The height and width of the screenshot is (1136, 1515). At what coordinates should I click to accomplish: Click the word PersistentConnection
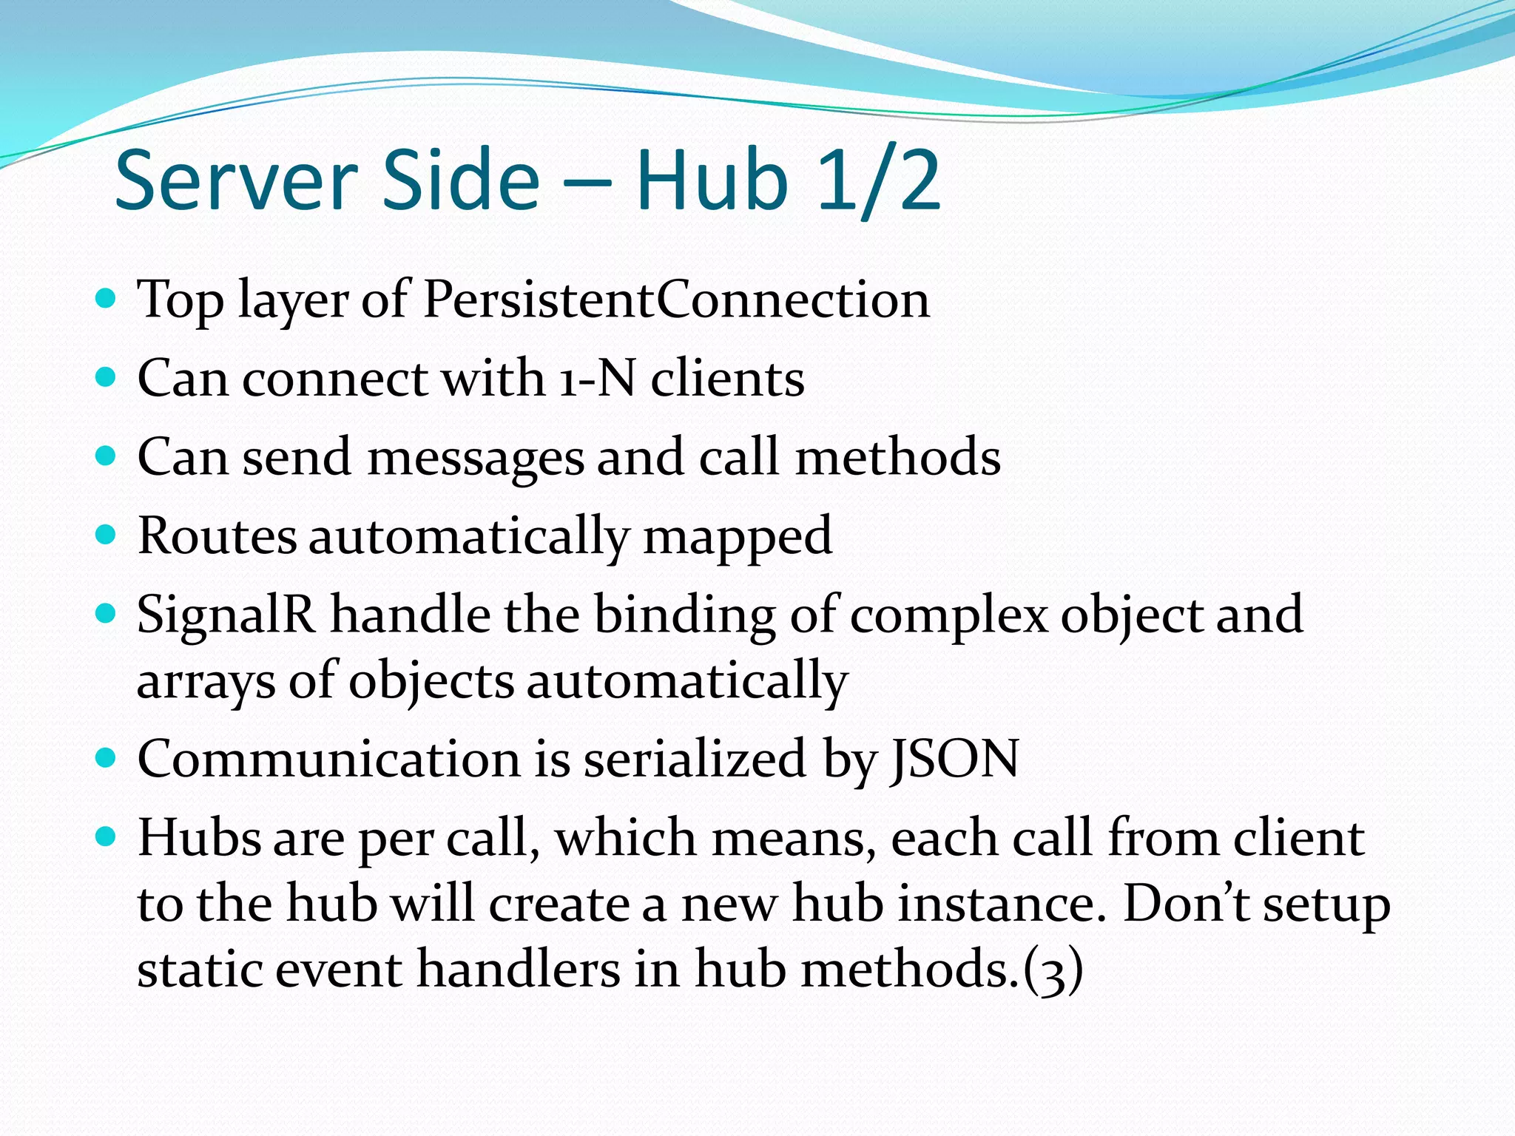click(675, 300)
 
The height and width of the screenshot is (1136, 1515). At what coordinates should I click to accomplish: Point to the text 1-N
click(597, 378)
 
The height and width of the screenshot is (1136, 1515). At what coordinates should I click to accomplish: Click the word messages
click(475, 458)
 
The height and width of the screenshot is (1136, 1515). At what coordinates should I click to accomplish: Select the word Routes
click(217, 535)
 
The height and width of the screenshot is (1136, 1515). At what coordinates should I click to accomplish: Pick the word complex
click(948, 616)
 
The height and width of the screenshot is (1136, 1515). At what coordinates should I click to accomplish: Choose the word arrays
click(205, 681)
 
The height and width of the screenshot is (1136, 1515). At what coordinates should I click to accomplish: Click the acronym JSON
click(954, 759)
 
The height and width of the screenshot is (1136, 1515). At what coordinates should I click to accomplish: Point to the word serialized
click(694, 759)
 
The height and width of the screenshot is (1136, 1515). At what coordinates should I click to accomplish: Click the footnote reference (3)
click(1053, 970)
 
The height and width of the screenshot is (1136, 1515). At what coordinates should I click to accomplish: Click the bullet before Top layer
click(107, 299)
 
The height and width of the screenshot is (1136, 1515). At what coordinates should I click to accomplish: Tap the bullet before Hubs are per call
click(107, 836)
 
